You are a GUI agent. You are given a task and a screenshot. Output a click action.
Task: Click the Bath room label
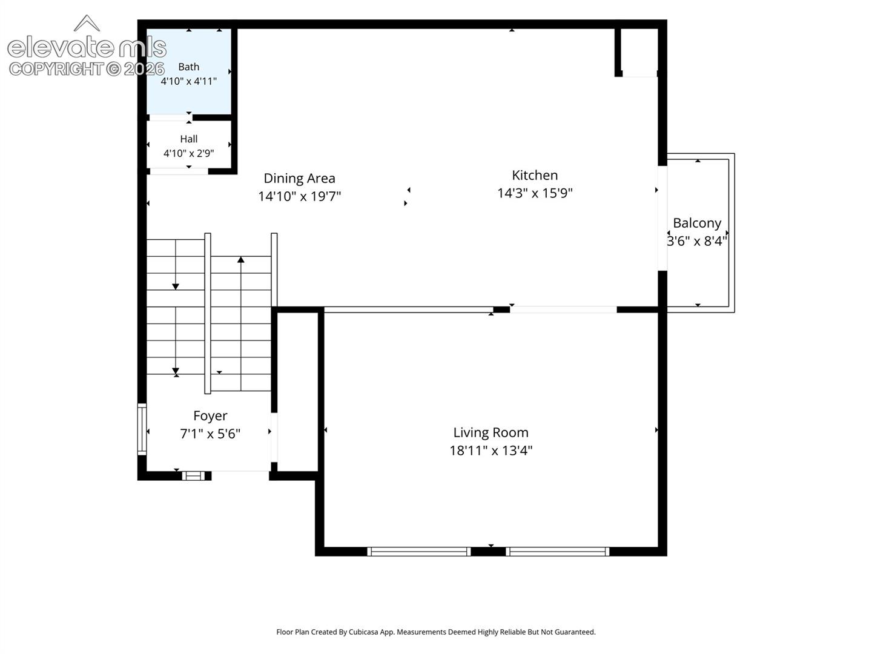tap(188, 67)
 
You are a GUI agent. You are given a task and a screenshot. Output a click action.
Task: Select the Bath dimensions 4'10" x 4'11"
tap(188, 81)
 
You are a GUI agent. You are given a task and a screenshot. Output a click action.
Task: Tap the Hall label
tap(188, 139)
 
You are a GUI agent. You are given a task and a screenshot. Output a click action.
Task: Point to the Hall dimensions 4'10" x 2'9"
tap(188, 153)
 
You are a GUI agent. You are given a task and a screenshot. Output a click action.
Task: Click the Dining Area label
tap(299, 178)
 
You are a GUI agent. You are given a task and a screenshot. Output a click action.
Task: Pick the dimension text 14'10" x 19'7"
tap(299, 196)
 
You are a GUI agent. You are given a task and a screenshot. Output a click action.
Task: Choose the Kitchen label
tap(534, 175)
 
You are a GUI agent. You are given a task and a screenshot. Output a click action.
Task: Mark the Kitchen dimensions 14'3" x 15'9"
tap(534, 193)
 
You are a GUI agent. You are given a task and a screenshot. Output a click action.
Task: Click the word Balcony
tap(697, 223)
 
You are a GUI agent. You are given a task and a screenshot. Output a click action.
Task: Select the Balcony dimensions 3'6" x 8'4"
tap(697, 241)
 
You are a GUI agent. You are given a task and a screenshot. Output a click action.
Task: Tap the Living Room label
tap(490, 432)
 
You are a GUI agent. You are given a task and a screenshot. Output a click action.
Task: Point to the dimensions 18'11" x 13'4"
tap(490, 451)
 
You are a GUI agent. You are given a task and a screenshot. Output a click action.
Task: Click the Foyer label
tap(210, 416)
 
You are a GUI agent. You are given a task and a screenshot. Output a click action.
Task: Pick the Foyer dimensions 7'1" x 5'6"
tap(210, 434)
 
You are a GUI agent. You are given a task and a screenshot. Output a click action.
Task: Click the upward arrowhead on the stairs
tap(241, 260)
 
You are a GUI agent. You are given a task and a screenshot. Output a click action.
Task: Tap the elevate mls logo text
tap(87, 47)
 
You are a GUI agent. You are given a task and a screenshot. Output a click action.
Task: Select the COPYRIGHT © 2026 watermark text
tap(87, 69)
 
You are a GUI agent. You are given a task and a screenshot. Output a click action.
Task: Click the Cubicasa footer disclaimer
tap(436, 632)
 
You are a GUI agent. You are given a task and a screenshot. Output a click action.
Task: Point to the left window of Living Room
tap(418, 552)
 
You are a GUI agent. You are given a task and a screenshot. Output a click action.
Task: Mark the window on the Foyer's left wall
tap(142, 429)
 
